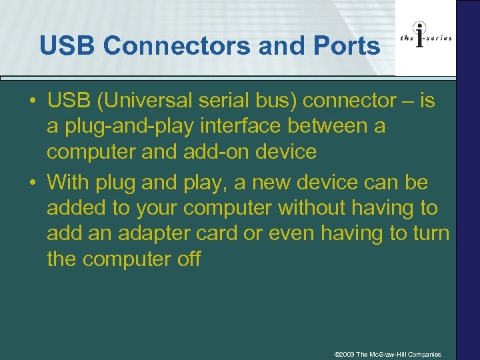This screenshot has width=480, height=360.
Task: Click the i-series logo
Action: pos(425,38)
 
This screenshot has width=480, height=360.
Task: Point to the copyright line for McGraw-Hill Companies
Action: pos(387,354)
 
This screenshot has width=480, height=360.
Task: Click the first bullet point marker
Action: pos(33,101)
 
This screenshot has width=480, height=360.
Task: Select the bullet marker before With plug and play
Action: pos(33,182)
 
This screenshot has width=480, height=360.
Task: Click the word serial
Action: pos(230,101)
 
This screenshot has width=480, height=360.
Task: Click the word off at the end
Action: pos(187,259)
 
